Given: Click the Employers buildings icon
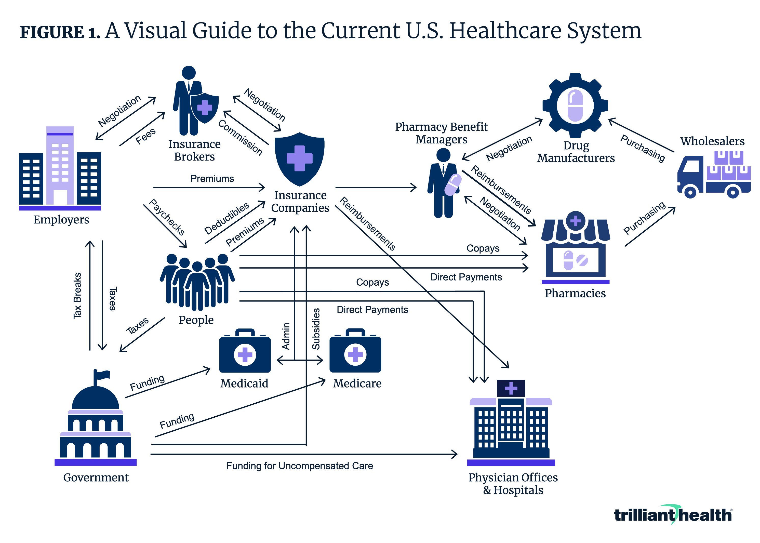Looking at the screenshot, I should [60, 167].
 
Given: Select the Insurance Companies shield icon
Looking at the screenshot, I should [299, 159].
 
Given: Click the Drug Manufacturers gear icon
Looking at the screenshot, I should [575, 105].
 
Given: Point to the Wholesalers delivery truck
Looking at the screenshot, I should [714, 176].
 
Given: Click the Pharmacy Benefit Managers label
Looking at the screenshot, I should [441, 133].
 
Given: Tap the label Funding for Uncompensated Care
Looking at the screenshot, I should [300, 466].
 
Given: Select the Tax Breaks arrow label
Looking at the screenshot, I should [77, 296].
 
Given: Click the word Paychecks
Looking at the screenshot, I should [167, 217].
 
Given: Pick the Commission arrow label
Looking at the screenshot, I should [240, 137].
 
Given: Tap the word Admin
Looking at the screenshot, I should [286, 336].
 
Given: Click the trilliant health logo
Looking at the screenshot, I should [673, 515].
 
